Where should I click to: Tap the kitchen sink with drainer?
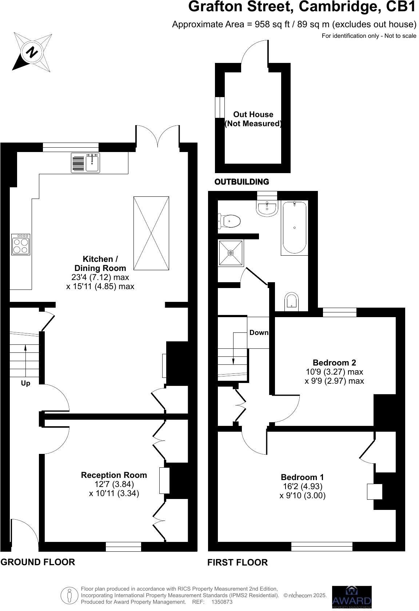coord(85,163)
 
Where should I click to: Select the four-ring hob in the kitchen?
coord(21,244)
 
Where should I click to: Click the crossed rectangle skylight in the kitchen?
coord(151,233)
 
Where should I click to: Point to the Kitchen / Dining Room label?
coord(100,263)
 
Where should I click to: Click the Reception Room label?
coord(114,475)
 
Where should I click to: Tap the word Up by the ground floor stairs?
coord(25,383)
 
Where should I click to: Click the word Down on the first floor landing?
coord(259,332)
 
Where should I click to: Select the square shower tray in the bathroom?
coord(231,253)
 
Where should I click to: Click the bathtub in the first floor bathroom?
coord(294,228)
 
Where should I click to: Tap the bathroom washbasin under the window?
coord(267,208)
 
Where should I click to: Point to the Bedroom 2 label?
coord(334,362)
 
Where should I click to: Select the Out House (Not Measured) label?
coord(253,119)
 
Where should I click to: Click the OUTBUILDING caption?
coord(242,181)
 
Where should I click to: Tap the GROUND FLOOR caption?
coord(38,562)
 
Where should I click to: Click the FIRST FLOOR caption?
coord(238,563)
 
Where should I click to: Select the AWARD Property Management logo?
coord(352,596)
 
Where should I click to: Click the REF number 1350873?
coord(222,602)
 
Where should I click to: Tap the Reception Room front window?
coord(123,547)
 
